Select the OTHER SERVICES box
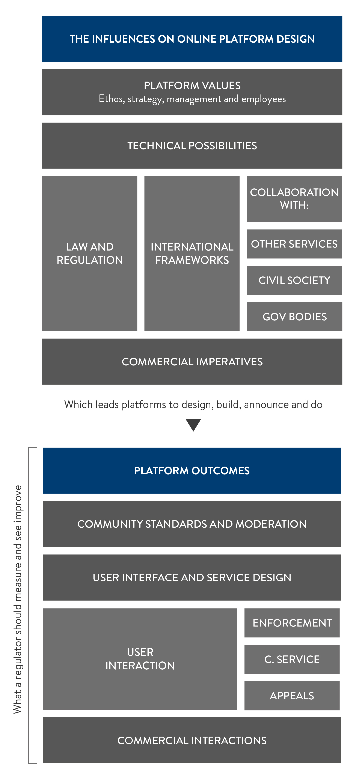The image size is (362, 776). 294,244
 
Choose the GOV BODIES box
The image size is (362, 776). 294,317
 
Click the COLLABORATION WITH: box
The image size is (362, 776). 294,199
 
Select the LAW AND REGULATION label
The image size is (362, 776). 90,253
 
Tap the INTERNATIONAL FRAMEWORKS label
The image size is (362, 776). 192,253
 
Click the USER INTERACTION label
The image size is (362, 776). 140,659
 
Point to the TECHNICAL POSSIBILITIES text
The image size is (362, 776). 192,146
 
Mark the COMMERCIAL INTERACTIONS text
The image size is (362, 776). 192,740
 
